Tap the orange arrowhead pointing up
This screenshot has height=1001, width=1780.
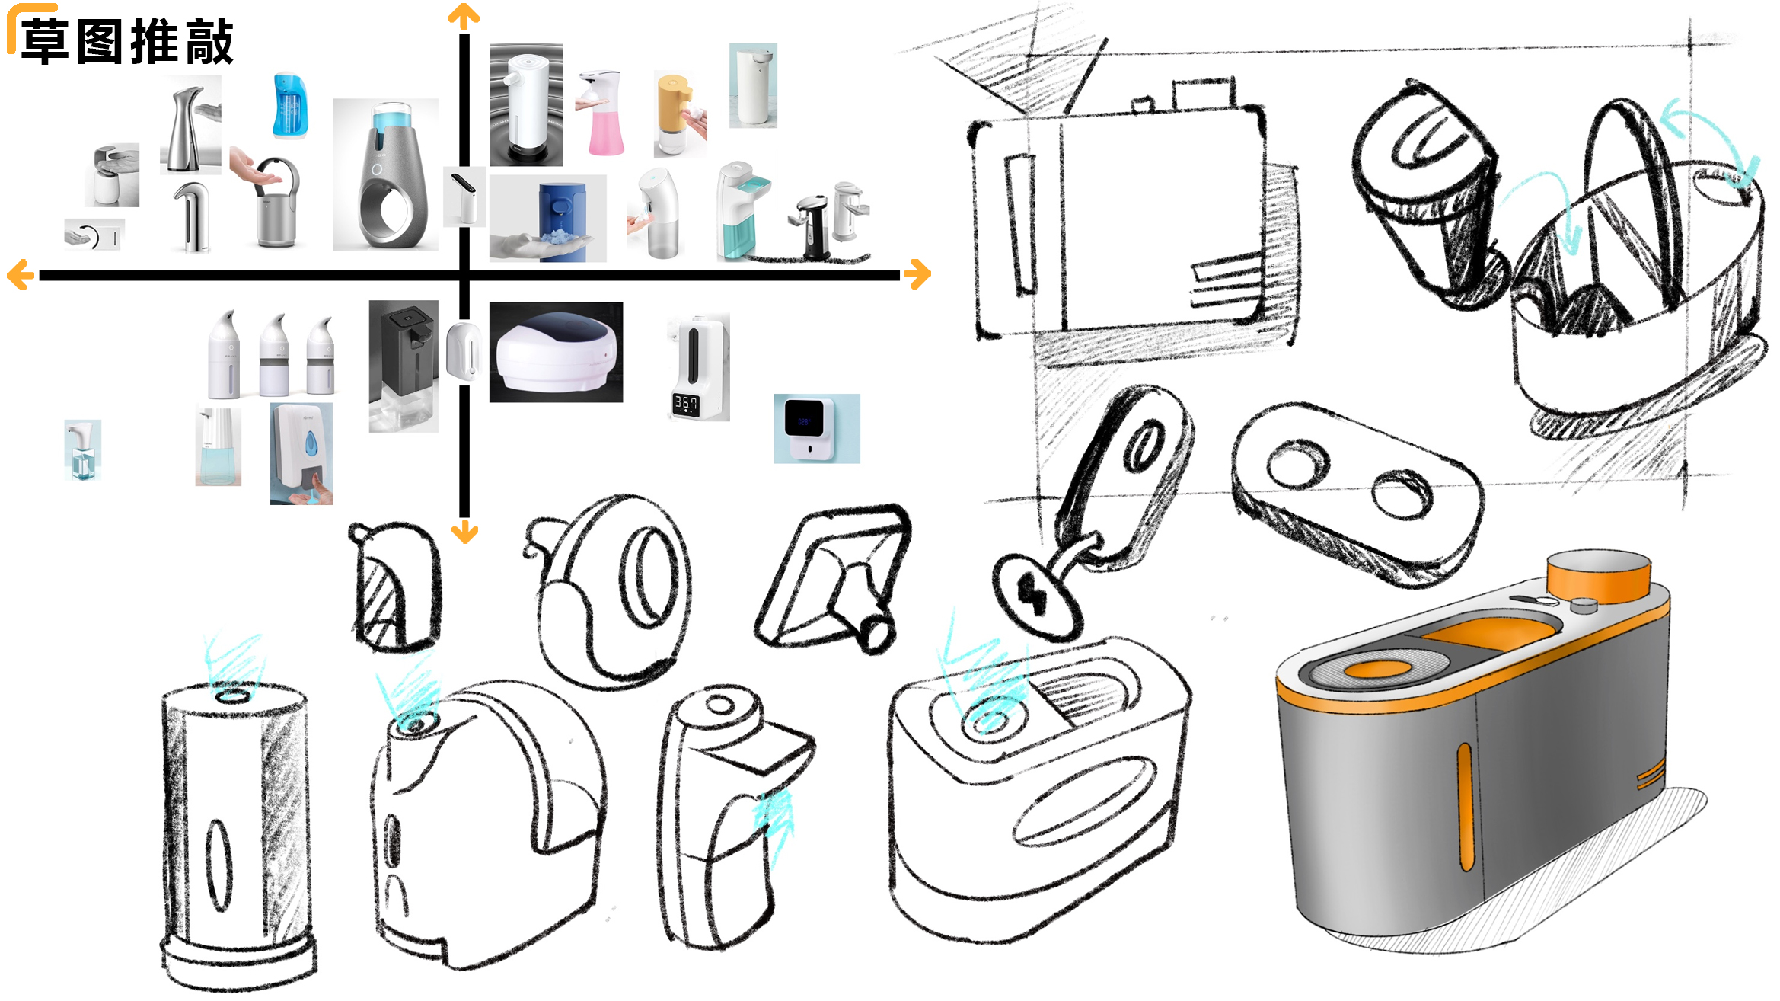pyautogui.click(x=464, y=15)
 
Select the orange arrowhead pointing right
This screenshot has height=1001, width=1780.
pyautogui.click(x=918, y=274)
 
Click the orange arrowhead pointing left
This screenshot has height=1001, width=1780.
pyautogui.click(x=20, y=274)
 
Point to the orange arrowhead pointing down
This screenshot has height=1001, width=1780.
pyautogui.click(x=464, y=532)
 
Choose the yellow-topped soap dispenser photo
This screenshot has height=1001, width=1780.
pyautogui.click(x=678, y=114)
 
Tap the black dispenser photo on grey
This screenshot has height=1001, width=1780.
pyautogui.click(x=404, y=366)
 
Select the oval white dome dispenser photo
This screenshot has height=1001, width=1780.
pyautogui.click(x=556, y=352)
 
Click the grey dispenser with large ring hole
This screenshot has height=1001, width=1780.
pyautogui.click(x=385, y=175)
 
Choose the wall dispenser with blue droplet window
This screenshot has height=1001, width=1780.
pyautogui.click(x=301, y=453)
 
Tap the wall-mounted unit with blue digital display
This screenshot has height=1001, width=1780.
pyautogui.click(x=816, y=428)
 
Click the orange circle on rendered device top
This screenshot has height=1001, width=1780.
pyautogui.click(x=1379, y=670)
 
